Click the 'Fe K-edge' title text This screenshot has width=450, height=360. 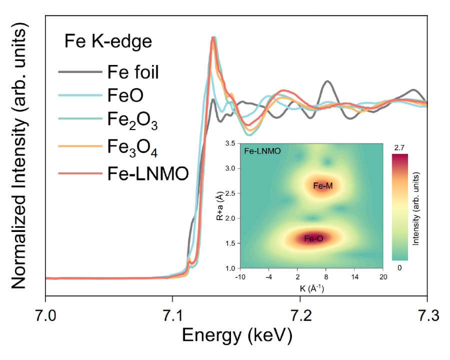(107, 41)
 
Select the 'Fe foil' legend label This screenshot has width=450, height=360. (133, 72)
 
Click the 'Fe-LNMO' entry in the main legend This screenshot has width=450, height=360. (147, 173)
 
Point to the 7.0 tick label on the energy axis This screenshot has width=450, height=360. (45, 316)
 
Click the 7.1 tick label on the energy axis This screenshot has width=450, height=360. (172, 316)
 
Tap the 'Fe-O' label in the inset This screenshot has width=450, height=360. (313, 239)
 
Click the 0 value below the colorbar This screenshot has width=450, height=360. (399, 268)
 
